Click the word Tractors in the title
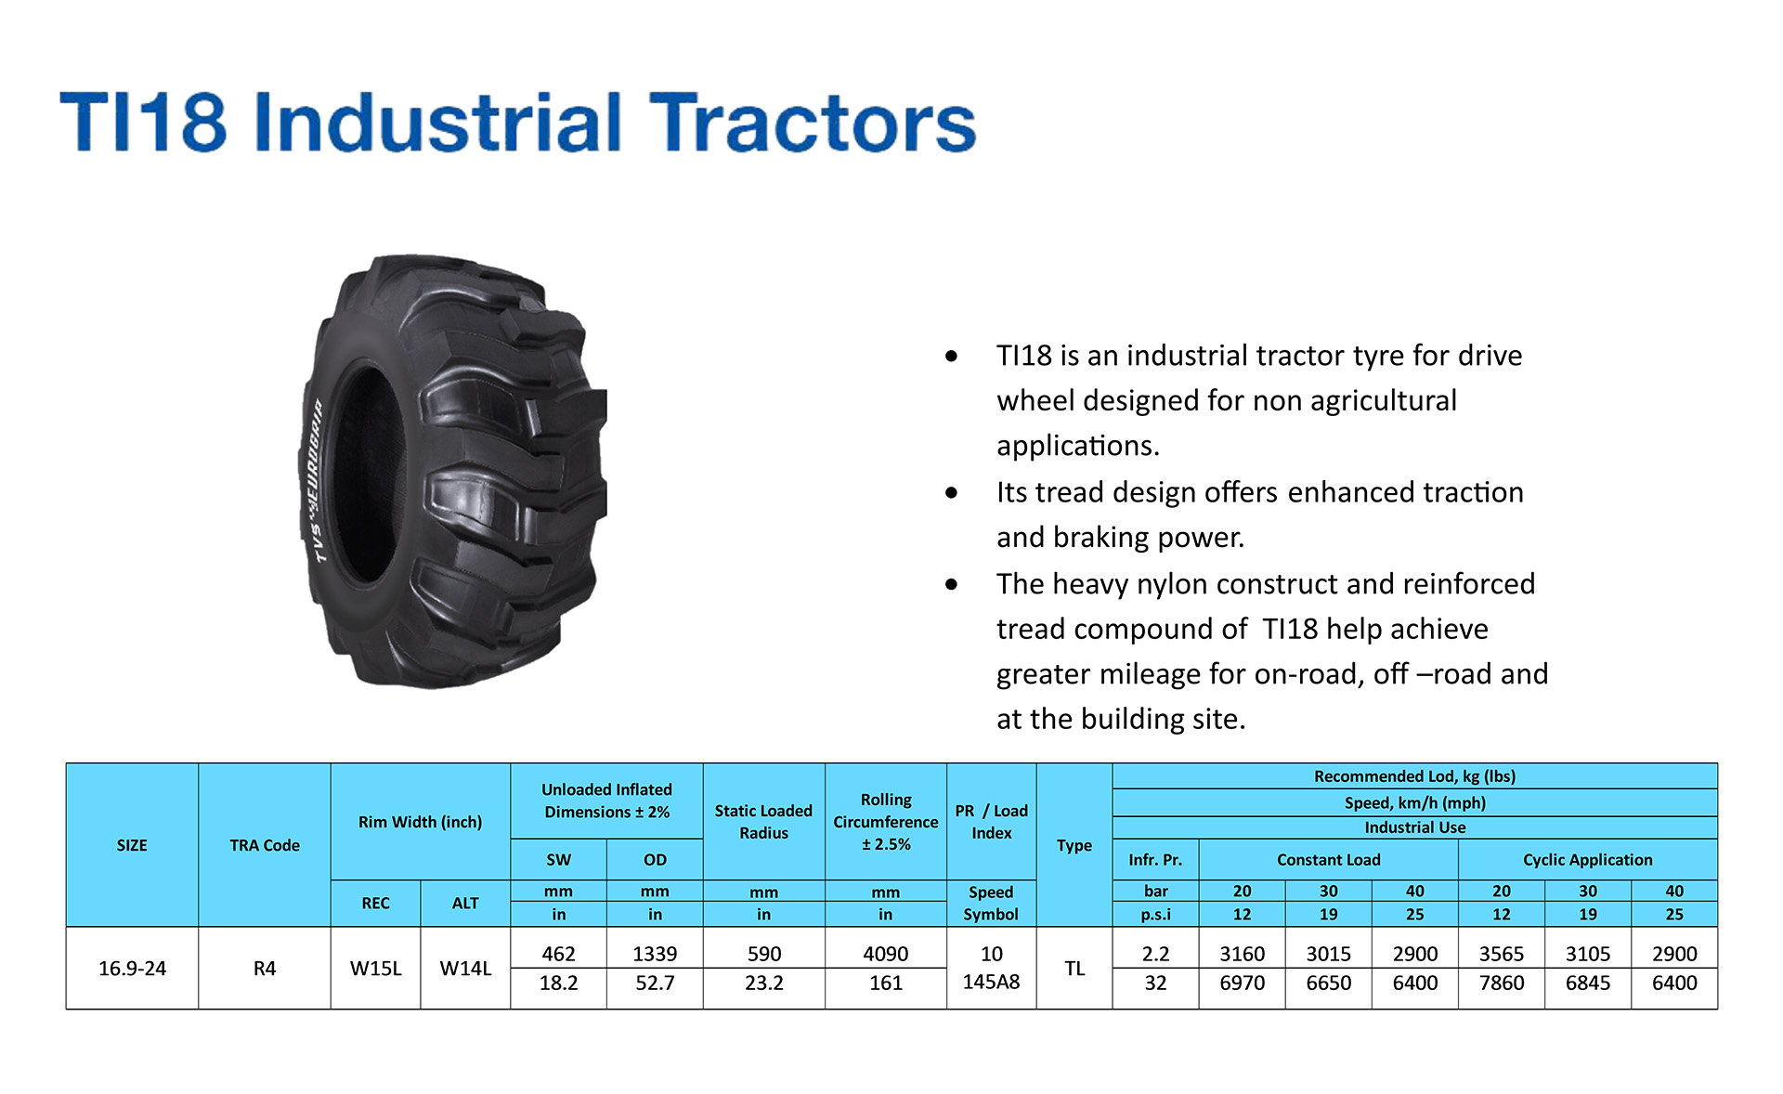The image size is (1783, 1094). pyautogui.click(x=813, y=122)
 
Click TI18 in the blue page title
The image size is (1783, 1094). pyautogui.click(x=143, y=122)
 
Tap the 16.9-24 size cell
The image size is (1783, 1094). pyautogui.click(x=132, y=969)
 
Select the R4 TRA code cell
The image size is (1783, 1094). pyautogui.click(x=265, y=969)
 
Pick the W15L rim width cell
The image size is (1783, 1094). pyautogui.click(x=375, y=969)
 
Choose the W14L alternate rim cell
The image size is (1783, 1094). pyautogui.click(x=465, y=969)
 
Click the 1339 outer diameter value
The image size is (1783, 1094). pyautogui.click(x=655, y=954)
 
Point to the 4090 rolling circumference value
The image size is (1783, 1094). pyautogui.click(x=886, y=954)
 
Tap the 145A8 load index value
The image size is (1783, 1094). pyautogui.click(x=991, y=982)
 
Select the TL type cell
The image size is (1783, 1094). pyautogui.click(x=1074, y=969)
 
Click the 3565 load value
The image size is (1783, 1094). pyautogui.click(x=1502, y=954)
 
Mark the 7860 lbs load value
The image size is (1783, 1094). pyautogui.click(x=1502, y=983)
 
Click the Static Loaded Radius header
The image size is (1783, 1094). pyautogui.click(x=763, y=822)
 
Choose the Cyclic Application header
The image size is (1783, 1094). pyautogui.click(x=1588, y=860)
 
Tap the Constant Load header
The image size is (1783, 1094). pyautogui.click(x=1329, y=860)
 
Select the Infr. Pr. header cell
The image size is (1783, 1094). pyautogui.click(x=1155, y=860)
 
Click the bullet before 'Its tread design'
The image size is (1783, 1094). pyautogui.click(x=951, y=493)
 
